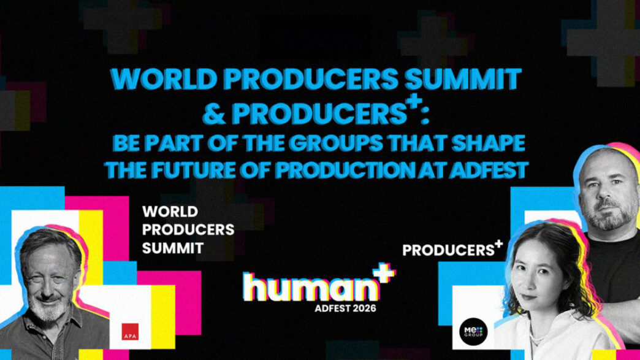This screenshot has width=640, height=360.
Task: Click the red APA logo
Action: [x=130, y=331]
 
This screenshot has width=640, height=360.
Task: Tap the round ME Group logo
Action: [x=473, y=331]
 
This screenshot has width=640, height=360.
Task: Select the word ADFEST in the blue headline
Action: [x=489, y=170]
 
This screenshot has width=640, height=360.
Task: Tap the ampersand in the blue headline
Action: [x=214, y=114]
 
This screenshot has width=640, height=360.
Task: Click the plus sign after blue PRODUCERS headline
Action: [x=414, y=101]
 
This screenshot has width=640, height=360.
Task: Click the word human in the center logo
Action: [x=311, y=287]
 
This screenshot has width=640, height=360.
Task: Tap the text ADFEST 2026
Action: [x=345, y=308]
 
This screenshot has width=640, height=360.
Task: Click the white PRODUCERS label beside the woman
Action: [x=448, y=250]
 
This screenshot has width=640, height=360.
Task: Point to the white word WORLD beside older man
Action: [x=170, y=212]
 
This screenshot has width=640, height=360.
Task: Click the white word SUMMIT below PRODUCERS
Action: [x=173, y=248]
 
